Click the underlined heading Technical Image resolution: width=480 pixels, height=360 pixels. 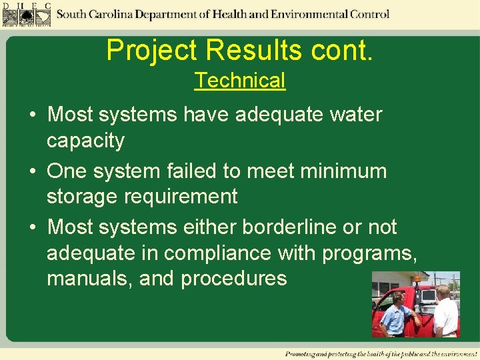tap(240, 81)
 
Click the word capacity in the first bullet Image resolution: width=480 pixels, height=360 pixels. tap(85, 141)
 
